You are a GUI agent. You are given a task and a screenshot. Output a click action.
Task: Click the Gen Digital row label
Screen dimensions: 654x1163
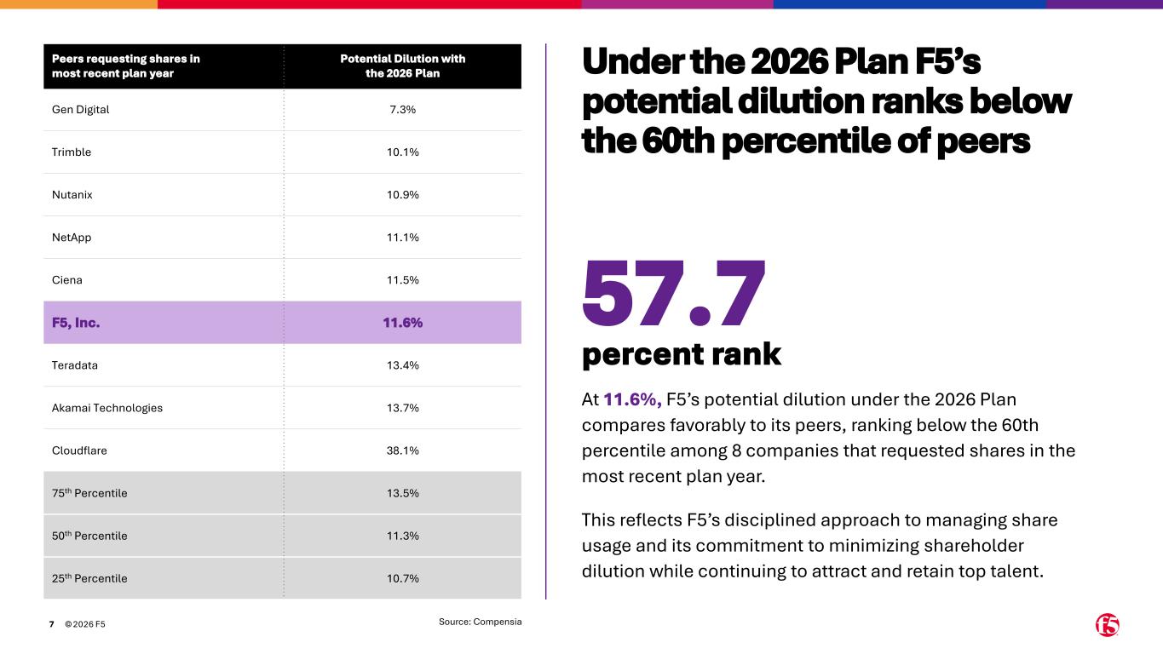click(x=81, y=110)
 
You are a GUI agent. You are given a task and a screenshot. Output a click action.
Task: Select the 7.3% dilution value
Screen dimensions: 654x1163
click(x=403, y=110)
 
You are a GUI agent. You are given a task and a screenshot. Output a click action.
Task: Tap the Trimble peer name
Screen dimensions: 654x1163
click(x=72, y=152)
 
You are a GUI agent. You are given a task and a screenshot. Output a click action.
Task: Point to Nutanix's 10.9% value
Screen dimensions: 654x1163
click(x=403, y=195)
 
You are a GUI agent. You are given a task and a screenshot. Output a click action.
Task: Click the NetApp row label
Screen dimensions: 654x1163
click(x=72, y=238)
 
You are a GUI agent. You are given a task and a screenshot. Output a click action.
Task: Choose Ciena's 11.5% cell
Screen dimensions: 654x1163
click(x=403, y=280)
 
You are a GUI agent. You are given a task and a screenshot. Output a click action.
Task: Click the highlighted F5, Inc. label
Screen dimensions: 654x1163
click(x=76, y=323)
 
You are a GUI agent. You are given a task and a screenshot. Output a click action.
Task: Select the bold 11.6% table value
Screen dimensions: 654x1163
click(x=403, y=323)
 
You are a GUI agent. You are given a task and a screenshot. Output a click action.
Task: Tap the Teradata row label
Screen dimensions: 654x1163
click(x=75, y=365)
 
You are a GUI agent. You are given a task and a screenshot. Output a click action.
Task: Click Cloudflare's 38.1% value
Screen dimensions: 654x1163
click(x=403, y=450)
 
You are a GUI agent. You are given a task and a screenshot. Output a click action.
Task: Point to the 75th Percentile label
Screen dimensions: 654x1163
click(x=89, y=493)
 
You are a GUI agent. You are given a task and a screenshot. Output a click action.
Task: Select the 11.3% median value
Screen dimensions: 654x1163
click(x=403, y=536)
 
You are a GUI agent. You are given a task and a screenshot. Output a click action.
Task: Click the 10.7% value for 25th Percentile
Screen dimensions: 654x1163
click(x=403, y=578)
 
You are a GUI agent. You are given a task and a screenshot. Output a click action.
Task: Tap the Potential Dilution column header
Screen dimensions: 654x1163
click(x=403, y=66)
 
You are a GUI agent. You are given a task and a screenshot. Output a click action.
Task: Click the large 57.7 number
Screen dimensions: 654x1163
click(x=674, y=294)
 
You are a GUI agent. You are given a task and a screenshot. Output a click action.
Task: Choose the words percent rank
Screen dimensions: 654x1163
click(x=681, y=354)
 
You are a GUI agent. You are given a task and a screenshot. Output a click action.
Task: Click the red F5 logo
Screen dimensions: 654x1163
click(x=1107, y=625)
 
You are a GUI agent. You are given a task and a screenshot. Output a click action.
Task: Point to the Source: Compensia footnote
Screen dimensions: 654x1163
click(x=480, y=622)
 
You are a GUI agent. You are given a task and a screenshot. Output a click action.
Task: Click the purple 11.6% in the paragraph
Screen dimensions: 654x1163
click(x=632, y=399)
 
